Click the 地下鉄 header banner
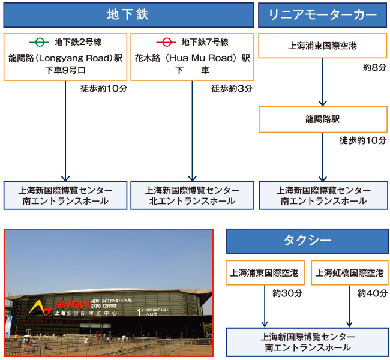128,15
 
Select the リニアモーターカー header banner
323,15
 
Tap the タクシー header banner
307,241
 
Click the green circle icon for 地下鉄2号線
39,42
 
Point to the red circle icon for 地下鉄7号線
166,42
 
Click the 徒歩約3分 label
232,89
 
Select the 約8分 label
375,67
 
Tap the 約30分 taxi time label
287,293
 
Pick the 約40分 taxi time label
373,293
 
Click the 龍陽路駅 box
323,119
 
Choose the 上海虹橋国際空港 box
350,272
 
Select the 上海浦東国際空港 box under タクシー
265,272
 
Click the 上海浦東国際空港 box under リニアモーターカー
323,46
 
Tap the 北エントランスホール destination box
192,196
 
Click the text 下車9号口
65,70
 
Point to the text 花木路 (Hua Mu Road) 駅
192,58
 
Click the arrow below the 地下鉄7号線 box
192,131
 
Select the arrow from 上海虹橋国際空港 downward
349,306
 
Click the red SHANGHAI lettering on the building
72,304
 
